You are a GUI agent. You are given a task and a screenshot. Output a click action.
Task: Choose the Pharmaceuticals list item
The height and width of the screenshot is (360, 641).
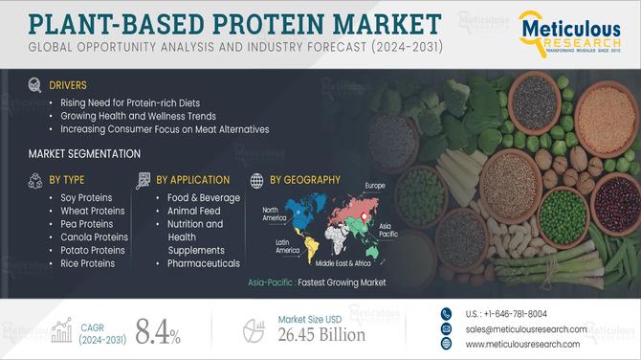[202, 262]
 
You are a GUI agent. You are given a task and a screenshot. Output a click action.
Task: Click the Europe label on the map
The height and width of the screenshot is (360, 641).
[374, 185]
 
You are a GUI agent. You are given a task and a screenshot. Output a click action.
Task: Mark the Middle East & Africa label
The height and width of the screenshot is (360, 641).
[349, 262]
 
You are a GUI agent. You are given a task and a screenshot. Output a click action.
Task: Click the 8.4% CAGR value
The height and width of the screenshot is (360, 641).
[157, 332]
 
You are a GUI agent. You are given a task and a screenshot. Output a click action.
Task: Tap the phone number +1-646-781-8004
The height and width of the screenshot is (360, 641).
[507, 313]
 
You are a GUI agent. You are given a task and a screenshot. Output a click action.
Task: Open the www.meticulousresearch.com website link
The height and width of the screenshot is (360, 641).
[523, 344]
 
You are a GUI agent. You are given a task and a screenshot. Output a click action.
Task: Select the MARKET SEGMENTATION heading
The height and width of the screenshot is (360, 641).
[84, 153]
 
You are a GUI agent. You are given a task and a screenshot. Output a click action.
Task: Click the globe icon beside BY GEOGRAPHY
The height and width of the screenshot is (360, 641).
[255, 179]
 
